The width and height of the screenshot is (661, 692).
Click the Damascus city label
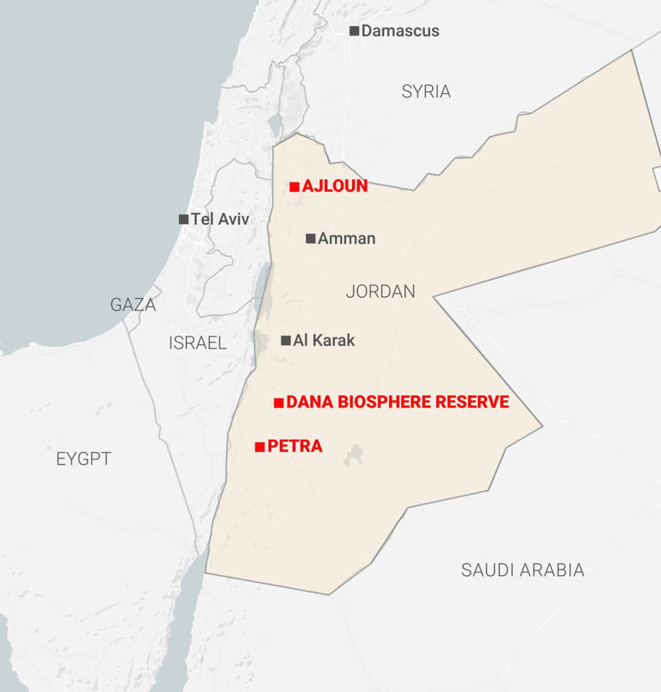point(400,31)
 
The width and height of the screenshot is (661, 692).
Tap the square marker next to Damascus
point(354,31)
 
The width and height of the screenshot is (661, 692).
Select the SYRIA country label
point(426,91)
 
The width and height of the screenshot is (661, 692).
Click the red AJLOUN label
point(335,186)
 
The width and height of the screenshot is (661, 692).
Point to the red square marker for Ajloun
point(294,186)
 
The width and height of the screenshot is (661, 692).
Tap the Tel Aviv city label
point(220,219)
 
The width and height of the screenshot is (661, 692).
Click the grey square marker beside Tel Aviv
point(183,219)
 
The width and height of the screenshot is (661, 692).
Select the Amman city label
point(347,238)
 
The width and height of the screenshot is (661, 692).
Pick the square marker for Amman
point(311,238)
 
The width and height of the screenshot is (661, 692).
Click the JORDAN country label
point(380,292)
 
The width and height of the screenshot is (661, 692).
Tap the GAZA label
point(133,305)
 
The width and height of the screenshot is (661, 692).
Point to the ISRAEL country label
point(198,343)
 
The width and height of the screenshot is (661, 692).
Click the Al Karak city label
point(324,340)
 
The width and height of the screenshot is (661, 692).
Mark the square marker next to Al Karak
point(286,340)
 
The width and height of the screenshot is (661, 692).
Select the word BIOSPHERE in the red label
point(386,402)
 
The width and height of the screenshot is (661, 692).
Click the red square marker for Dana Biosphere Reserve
point(279,403)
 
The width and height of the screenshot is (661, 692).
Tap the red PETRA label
point(295,446)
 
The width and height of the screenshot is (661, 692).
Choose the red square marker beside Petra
point(260,447)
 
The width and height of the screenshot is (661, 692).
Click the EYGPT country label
point(83,459)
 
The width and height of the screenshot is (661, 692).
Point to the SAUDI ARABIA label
point(522,570)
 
